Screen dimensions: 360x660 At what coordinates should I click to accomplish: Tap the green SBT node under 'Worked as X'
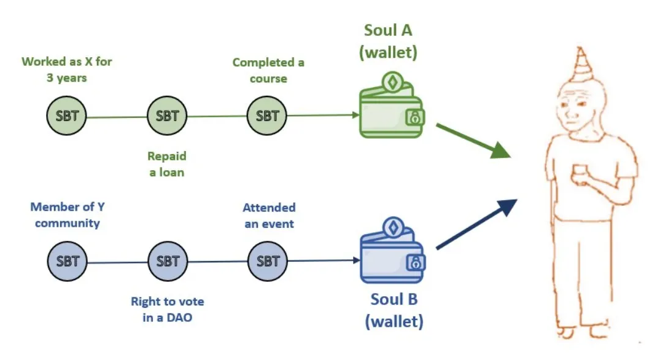coord(67,115)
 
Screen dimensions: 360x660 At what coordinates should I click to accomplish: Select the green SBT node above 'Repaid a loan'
coord(167,115)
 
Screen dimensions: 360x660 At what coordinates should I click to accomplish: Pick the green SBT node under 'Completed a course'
coord(267,115)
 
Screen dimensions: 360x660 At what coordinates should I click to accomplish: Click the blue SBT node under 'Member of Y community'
coord(67,260)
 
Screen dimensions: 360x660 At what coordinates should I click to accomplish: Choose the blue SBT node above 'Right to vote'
coord(167,260)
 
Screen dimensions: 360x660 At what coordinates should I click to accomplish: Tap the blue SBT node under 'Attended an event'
coord(267,260)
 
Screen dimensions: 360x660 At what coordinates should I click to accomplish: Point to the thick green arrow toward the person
coord(473,140)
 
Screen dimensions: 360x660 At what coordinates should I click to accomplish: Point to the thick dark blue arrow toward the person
coord(476,224)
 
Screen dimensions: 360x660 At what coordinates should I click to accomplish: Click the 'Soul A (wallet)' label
coord(388,41)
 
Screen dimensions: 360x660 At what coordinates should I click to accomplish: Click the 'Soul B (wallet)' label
coord(393,310)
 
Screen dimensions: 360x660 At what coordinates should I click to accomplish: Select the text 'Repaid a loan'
coord(166,164)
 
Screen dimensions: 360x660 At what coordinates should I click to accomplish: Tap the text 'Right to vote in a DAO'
coord(167,310)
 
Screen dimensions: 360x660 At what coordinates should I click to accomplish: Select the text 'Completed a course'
coord(268,70)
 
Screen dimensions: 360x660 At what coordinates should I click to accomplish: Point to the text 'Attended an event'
coord(269,216)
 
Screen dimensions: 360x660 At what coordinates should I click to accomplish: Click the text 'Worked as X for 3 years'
coord(67,69)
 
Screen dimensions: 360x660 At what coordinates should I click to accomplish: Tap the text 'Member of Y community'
coord(67,215)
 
